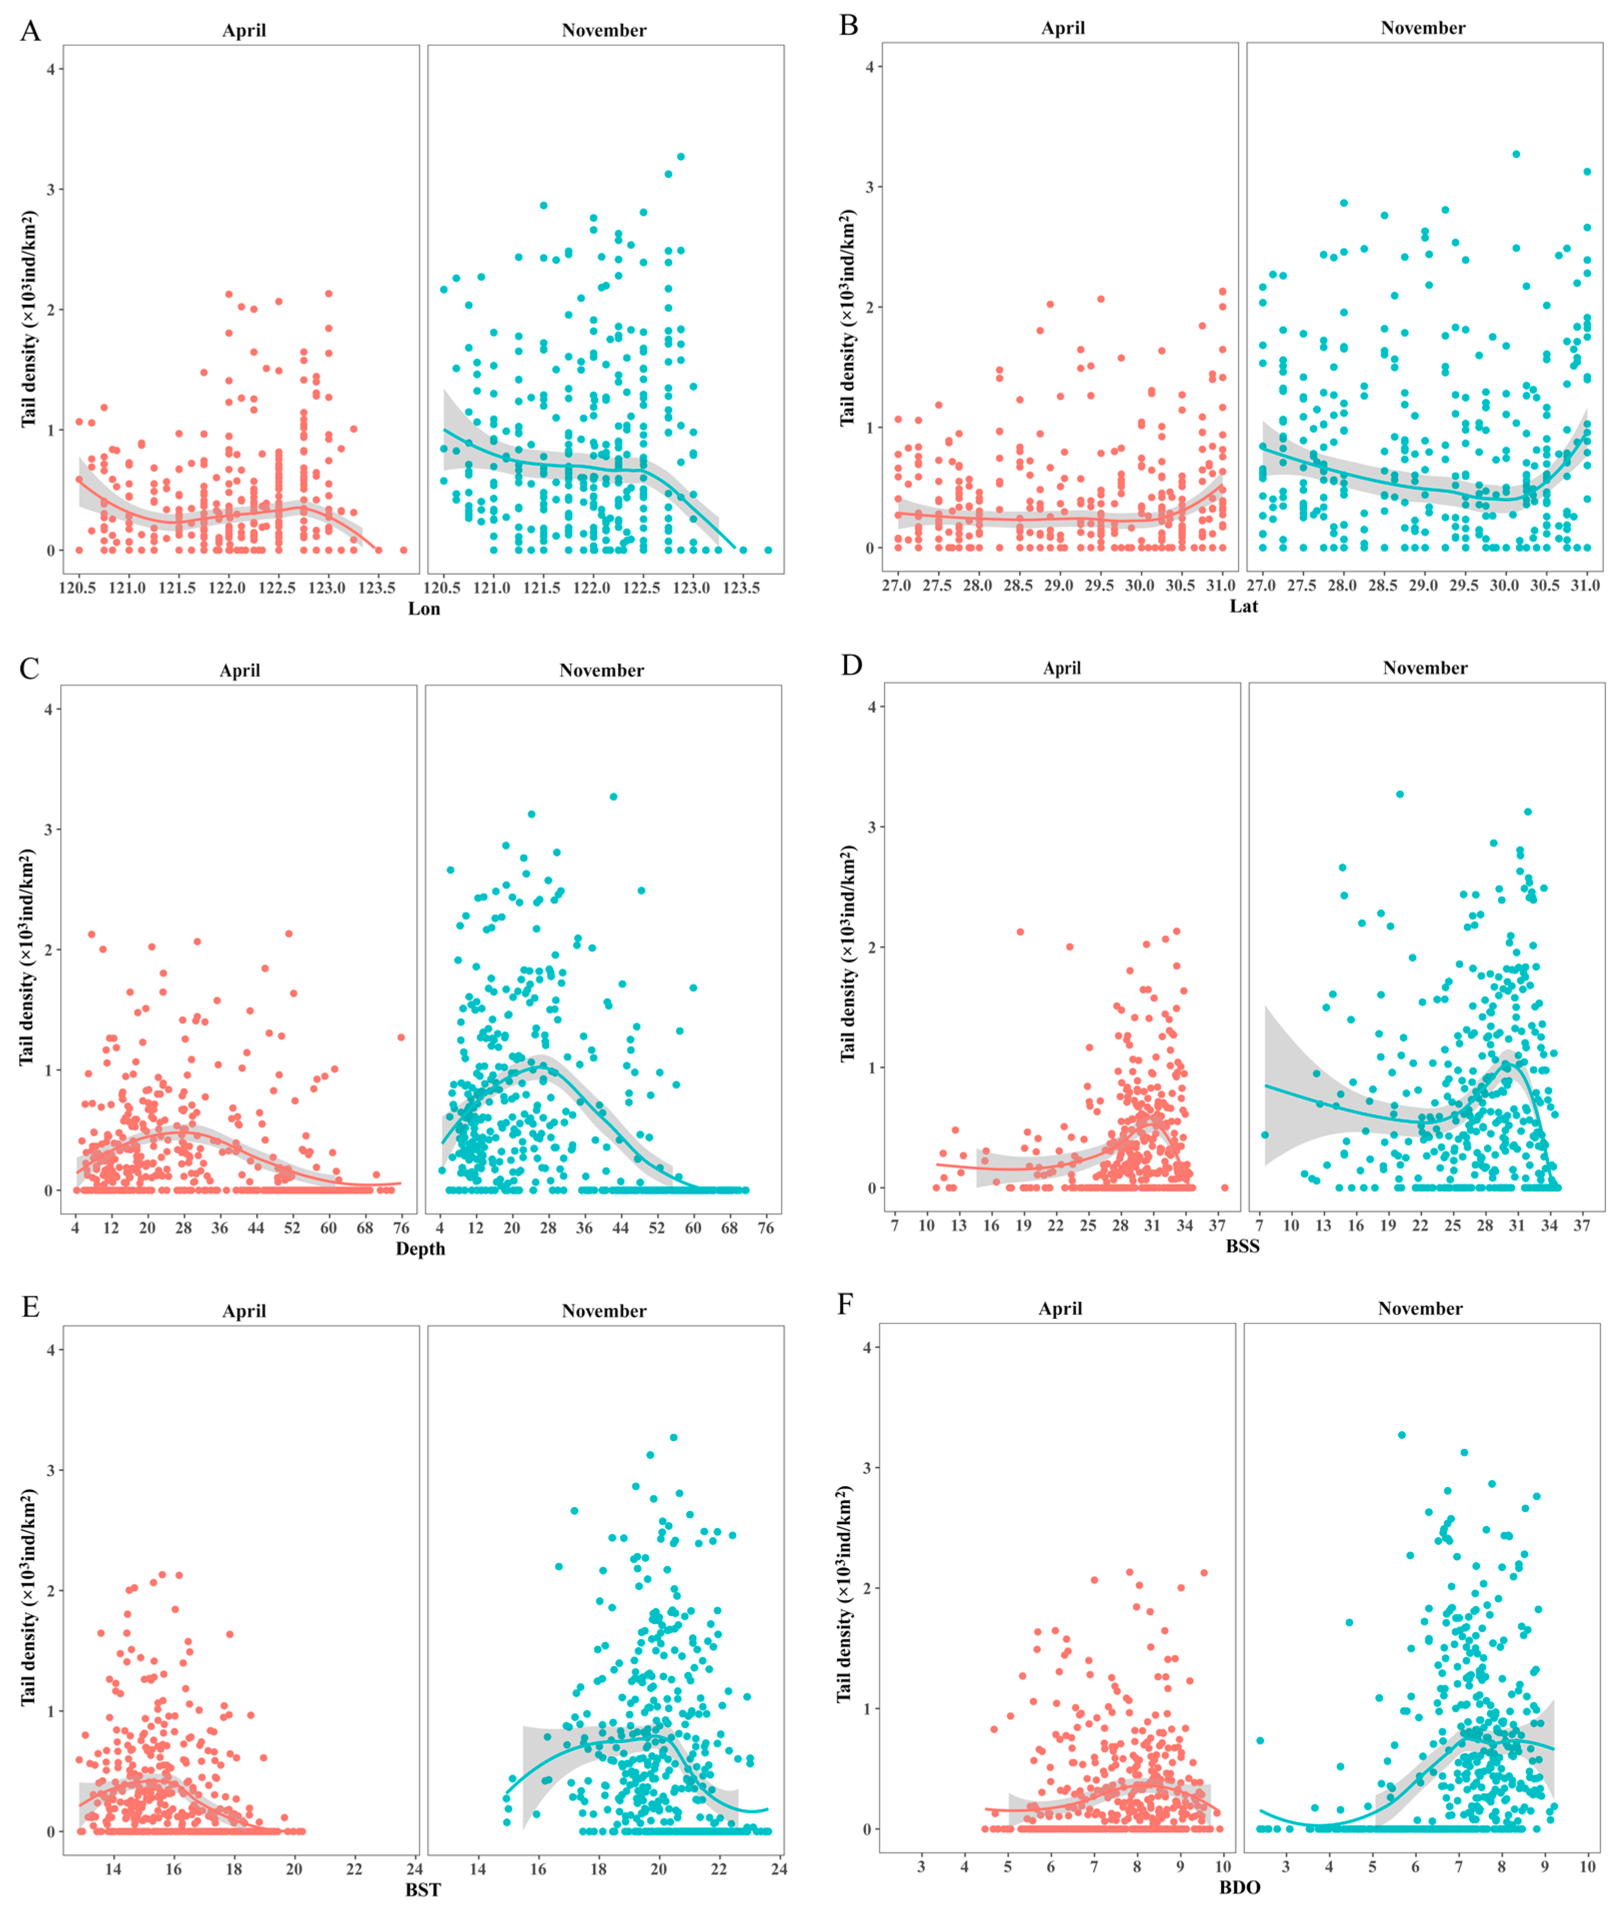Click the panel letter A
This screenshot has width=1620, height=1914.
pos(30,30)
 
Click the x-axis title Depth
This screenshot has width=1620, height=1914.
pos(420,1249)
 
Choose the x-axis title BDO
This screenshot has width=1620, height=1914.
pos(1240,1887)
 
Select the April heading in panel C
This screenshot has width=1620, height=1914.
pos(240,670)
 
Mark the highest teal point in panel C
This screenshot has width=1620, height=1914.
pos(613,797)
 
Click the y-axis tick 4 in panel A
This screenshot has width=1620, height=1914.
pos(52,69)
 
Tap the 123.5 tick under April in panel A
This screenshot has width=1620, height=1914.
pos(376,588)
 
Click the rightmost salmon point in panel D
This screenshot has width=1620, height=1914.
pos(1225,1187)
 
